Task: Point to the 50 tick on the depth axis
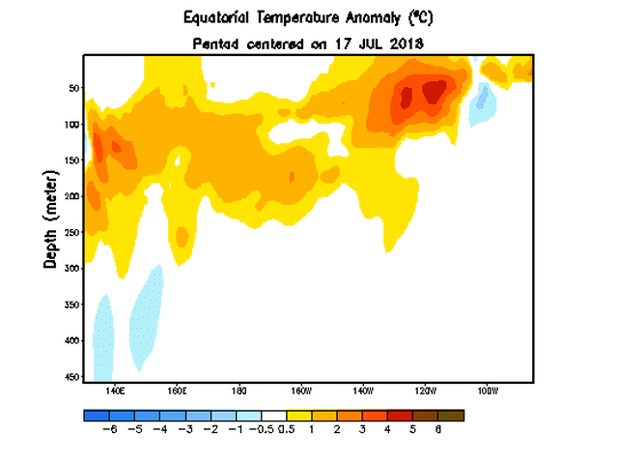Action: [x=72, y=88]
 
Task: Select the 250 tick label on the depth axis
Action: [x=70, y=232]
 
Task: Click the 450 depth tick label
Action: [x=70, y=376]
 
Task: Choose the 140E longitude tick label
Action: [x=115, y=391]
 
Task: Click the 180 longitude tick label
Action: [x=239, y=391]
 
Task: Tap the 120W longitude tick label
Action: [x=425, y=391]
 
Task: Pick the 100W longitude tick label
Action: [x=487, y=391]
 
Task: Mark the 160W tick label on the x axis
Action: [x=301, y=391]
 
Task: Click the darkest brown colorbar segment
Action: [x=451, y=415]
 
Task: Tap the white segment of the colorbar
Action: [x=274, y=415]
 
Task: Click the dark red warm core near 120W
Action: [x=435, y=91]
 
